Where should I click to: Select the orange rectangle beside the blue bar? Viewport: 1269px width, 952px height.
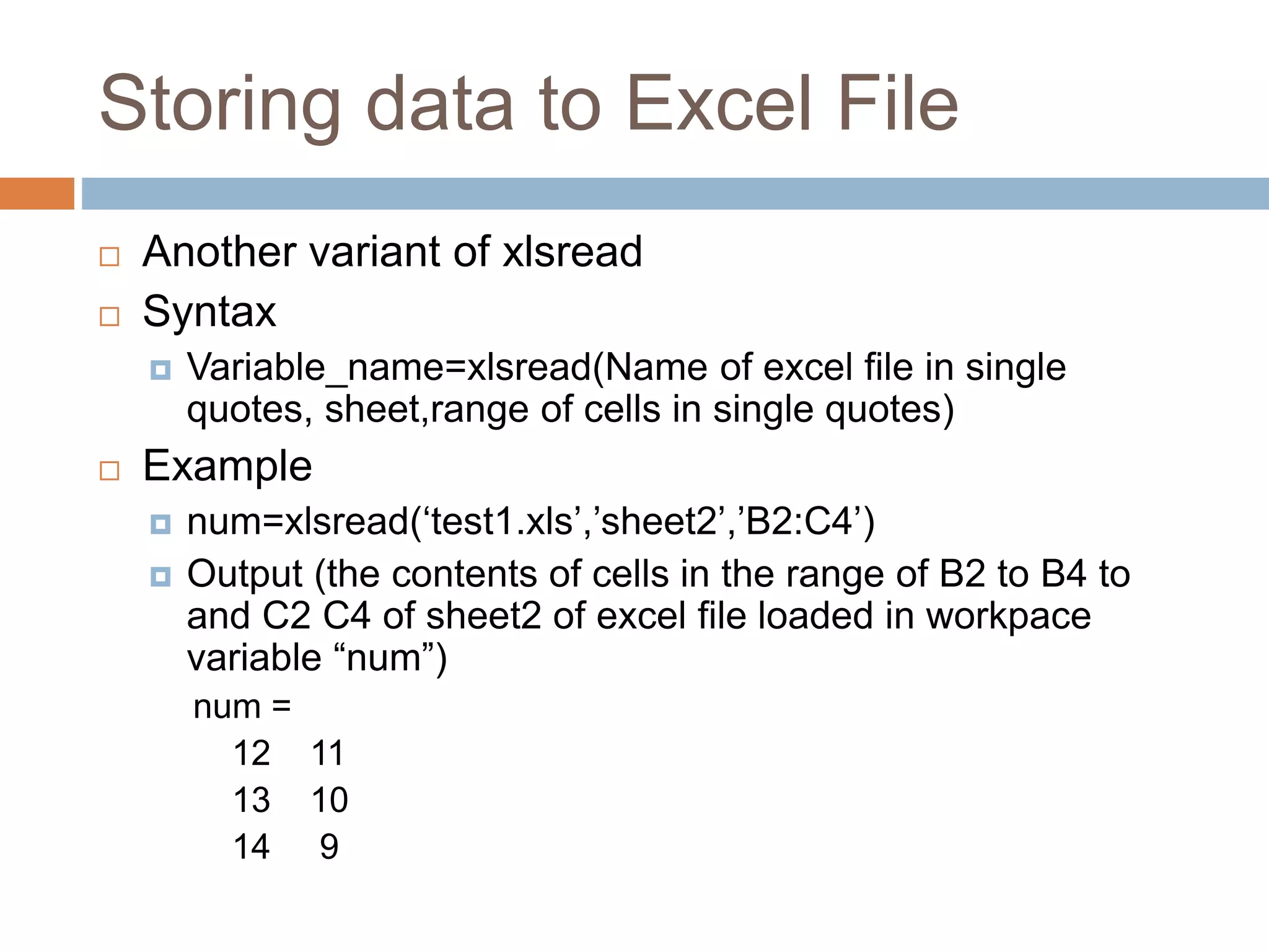coord(37,193)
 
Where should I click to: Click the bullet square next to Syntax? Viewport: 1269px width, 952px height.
coord(110,316)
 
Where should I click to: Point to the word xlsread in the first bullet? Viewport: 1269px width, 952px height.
coord(572,252)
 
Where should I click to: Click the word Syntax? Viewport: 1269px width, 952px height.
coord(209,312)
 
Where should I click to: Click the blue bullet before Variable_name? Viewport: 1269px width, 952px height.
coord(160,370)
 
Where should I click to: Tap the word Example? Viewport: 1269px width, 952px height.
coord(227,466)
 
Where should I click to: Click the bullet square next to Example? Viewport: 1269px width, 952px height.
coord(110,470)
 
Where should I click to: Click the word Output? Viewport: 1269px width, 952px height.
coord(245,574)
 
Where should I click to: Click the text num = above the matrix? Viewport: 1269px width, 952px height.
coord(242,707)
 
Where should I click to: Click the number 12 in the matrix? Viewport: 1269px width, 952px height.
coord(252,754)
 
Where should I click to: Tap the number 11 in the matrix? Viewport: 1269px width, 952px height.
coord(328,754)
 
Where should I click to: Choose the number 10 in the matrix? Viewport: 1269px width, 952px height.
coord(330,800)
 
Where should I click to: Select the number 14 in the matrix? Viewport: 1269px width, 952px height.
coord(252,847)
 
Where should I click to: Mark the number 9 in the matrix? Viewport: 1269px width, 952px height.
coord(329,847)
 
